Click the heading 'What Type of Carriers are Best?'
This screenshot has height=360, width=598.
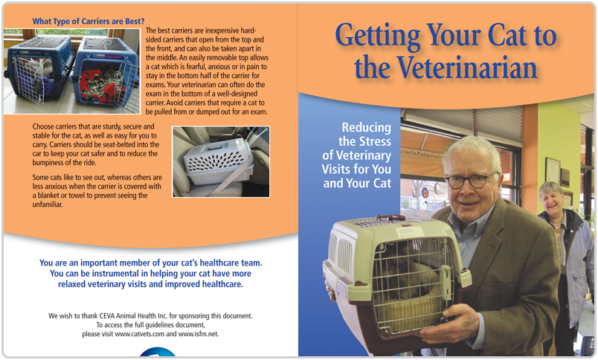click(89, 22)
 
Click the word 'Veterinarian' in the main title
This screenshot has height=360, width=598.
click(467, 68)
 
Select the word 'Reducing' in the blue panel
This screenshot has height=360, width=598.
click(366, 127)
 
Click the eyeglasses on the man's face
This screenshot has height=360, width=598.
click(471, 181)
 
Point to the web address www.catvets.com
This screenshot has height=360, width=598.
click(140, 334)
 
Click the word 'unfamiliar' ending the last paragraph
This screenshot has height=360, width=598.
click(48, 205)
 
